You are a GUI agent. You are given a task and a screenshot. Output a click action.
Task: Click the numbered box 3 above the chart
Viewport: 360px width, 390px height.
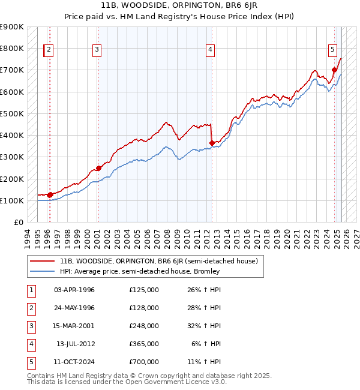tap(97, 50)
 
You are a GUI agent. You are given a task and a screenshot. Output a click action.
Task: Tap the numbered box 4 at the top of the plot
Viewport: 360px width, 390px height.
tap(211, 50)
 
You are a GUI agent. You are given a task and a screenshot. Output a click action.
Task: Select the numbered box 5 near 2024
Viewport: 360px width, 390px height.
tap(332, 50)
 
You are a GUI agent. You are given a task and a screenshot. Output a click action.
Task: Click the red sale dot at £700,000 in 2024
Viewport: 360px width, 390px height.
tap(334, 70)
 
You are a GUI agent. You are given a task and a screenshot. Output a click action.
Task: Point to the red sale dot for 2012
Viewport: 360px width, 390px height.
tap(212, 143)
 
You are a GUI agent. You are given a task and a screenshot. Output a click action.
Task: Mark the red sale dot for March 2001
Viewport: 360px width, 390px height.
tap(99, 169)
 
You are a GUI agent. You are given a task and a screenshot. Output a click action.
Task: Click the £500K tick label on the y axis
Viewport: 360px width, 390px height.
tap(12, 113)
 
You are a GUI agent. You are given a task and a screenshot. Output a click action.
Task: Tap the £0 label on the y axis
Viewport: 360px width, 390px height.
tap(18, 223)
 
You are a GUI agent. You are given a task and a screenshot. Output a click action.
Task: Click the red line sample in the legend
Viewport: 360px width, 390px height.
tap(43, 261)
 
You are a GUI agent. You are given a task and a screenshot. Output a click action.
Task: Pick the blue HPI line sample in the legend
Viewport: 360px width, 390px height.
tap(43, 271)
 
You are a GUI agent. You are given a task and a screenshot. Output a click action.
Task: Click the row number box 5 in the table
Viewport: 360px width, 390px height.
tap(29, 362)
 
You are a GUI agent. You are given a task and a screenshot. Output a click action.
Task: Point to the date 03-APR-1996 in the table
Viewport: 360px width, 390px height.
tap(74, 290)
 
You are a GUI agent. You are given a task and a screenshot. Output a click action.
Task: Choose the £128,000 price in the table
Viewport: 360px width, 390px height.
tap(144, 308)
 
